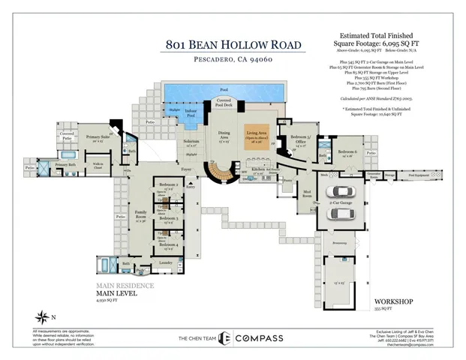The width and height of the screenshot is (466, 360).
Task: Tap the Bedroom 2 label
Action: (168, 185)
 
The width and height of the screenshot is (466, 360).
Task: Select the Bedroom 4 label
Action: (168, 245)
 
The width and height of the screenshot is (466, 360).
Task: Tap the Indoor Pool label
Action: (192, 115)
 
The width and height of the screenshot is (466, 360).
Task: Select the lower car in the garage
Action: (343, 213)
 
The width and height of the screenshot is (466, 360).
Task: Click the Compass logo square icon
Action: (223, 339)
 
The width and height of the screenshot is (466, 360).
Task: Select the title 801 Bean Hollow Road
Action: (235, 43)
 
